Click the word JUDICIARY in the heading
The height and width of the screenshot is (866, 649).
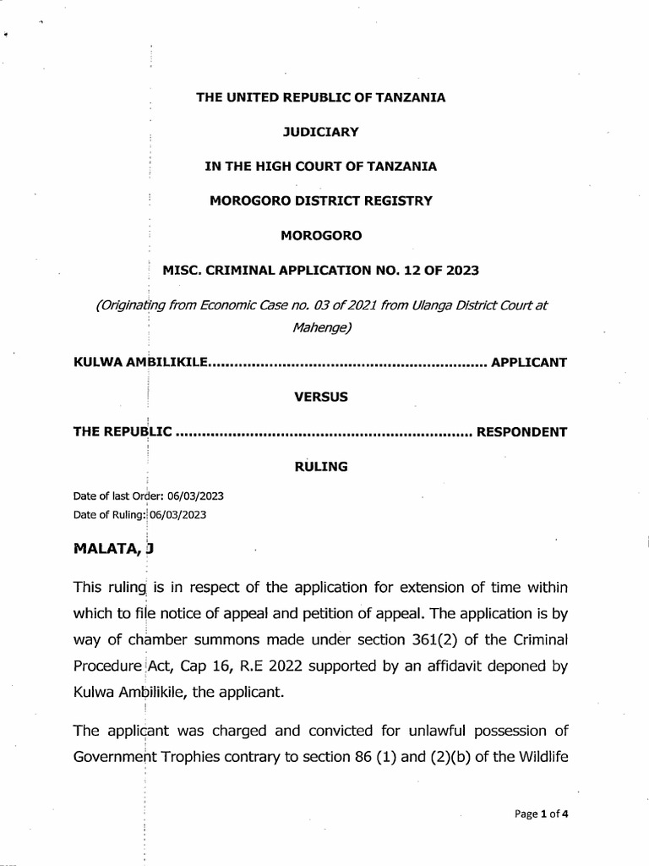[320, 132]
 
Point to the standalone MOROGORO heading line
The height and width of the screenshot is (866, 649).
[320, 236]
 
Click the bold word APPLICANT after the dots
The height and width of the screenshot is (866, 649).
[529, 363]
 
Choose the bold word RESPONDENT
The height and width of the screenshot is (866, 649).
[522, 432]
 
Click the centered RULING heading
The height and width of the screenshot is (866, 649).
[320, 467]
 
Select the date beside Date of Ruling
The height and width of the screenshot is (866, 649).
[177, 513]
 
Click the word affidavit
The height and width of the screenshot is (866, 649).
[455, 666]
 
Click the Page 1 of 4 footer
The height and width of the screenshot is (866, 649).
[541, 814]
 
